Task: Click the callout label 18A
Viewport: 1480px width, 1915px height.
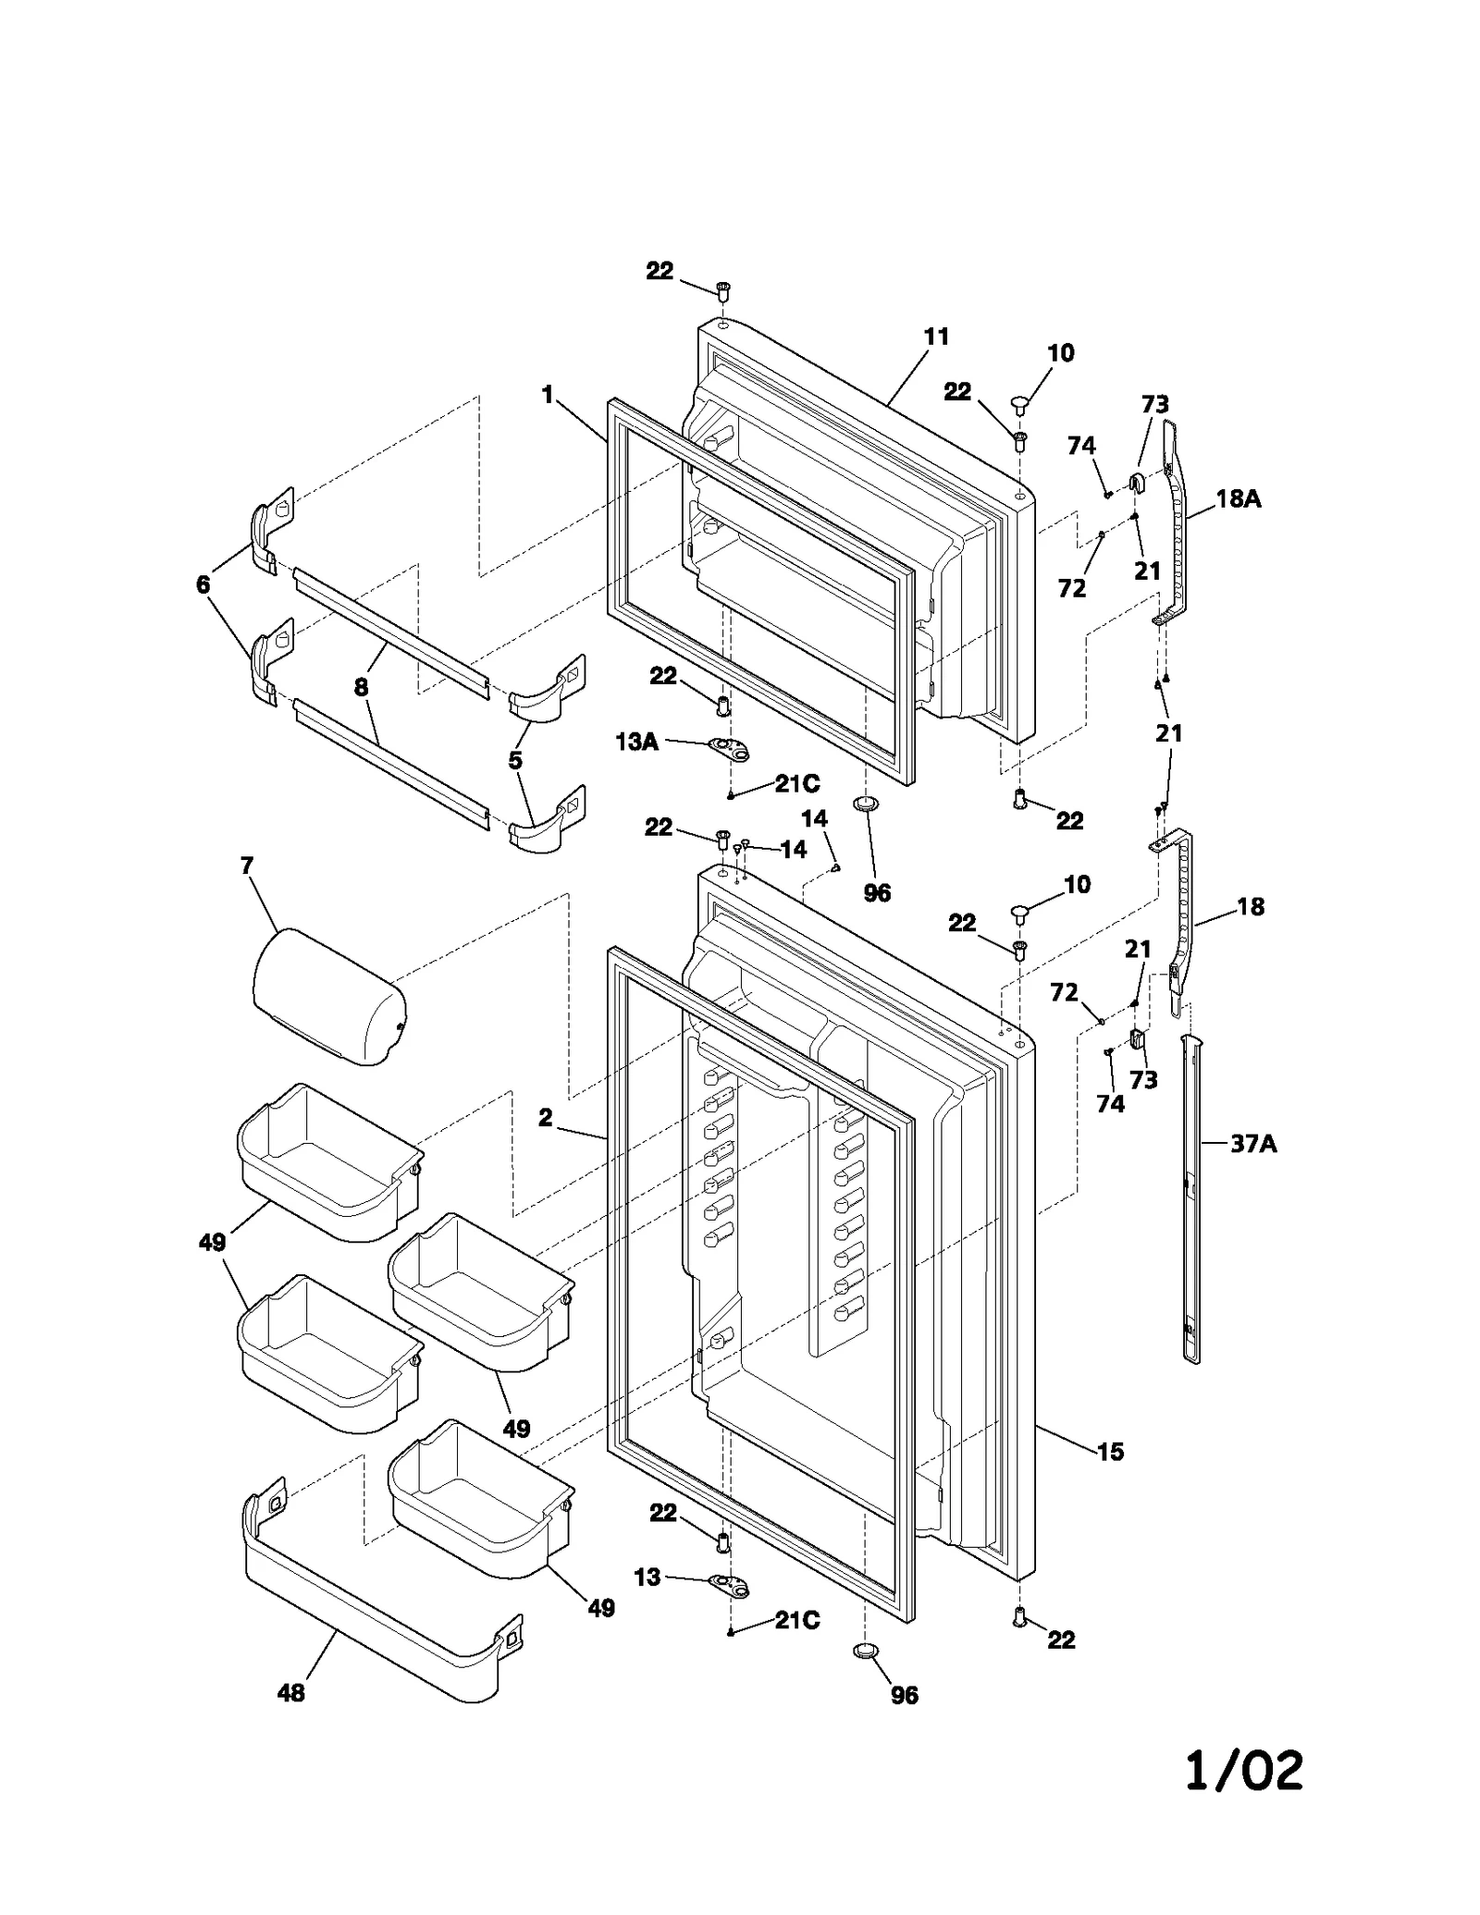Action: point(1238,499)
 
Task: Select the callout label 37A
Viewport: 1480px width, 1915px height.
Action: point(1252,1144)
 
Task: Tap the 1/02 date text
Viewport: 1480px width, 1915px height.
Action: point(1244,1771)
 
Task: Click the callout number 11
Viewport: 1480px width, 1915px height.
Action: point(936,338)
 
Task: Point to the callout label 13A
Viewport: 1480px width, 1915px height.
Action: point(637,741)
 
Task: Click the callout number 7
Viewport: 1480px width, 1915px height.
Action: point(247,866)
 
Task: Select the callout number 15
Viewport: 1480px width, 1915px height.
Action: point(1110,1452)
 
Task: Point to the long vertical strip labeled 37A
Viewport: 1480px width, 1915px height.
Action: point(1193,1202)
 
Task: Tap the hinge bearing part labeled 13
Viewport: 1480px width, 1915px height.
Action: point(728,1588)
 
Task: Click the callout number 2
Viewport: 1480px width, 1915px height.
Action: point(546,1118)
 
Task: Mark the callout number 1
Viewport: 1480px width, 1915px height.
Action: point(548,396)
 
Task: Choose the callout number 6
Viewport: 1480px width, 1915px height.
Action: point(203,584)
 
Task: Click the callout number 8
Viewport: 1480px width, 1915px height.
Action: point(361,687)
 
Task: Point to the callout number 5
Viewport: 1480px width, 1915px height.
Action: point(514,760)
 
